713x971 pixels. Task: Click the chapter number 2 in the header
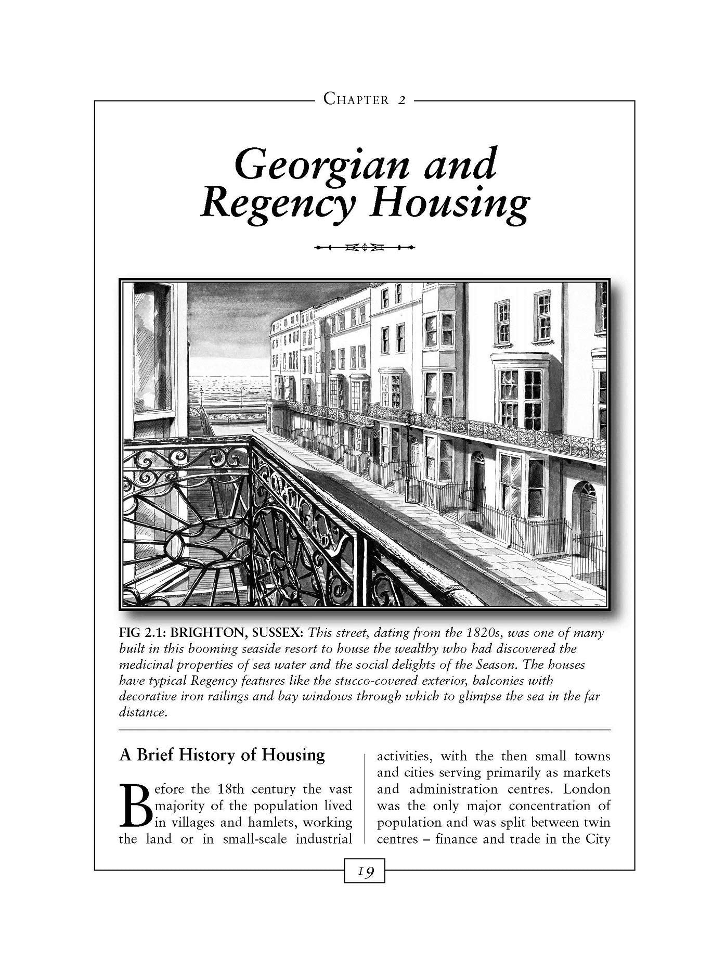coord(401,99)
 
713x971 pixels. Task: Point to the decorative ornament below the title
coord(364,247)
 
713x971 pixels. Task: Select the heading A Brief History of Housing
coord(222,755)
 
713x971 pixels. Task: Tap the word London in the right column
coord(587,789)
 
